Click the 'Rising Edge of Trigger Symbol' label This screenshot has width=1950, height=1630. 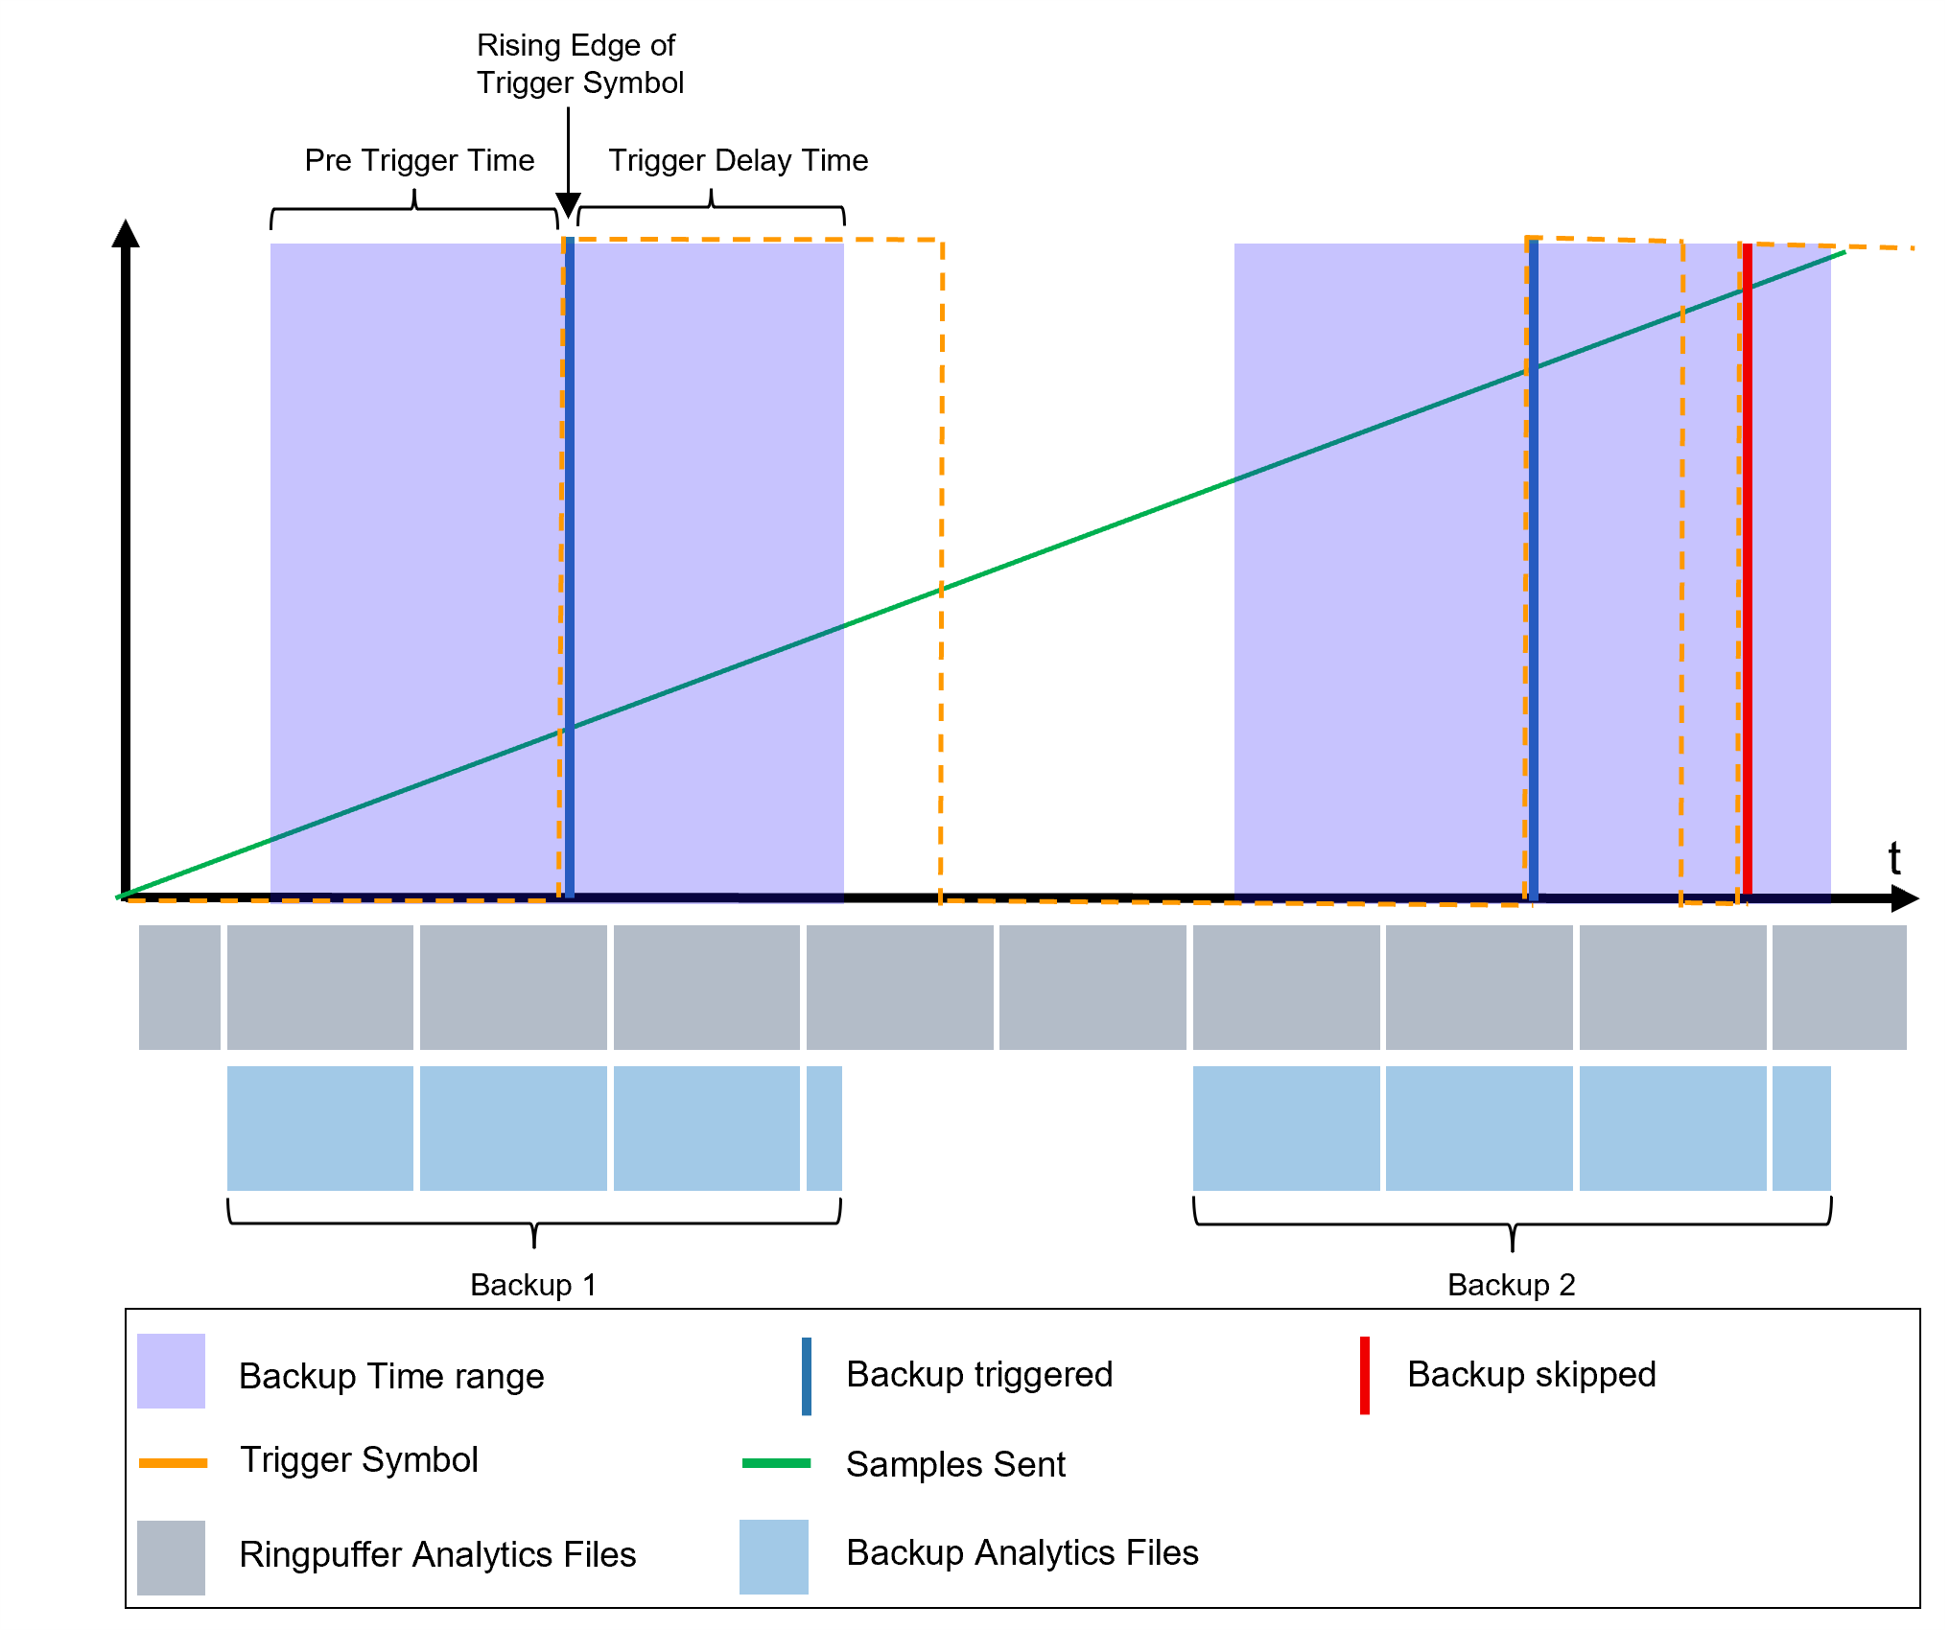[579, 64]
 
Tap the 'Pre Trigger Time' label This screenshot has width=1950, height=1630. [419, 160]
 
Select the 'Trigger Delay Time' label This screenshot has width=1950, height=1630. [738, 160]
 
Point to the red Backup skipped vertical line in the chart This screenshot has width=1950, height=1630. [1747, 575]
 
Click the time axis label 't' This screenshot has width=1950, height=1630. [1894, 858]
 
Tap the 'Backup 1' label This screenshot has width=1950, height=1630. [533, 1285]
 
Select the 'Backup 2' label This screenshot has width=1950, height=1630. [1511, 1285]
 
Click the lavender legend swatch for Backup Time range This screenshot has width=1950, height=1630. [171, 1371]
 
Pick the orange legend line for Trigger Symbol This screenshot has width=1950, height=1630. [173, 1463]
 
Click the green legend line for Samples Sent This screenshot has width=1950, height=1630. [776, 1463]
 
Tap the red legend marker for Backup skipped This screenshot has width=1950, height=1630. [1364, 1375]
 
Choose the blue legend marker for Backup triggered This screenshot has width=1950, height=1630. [807, 1376]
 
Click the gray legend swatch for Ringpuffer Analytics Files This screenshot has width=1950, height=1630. [171, 1557]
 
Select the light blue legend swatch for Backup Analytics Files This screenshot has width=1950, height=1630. [773, 1557]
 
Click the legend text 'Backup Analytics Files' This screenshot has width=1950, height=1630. [1022, 1553]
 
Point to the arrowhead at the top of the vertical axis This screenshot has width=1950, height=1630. [126, 233]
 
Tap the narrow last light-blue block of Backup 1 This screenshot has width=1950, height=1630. [824, 1129]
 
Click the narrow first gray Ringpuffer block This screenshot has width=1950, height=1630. [179, 988]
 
